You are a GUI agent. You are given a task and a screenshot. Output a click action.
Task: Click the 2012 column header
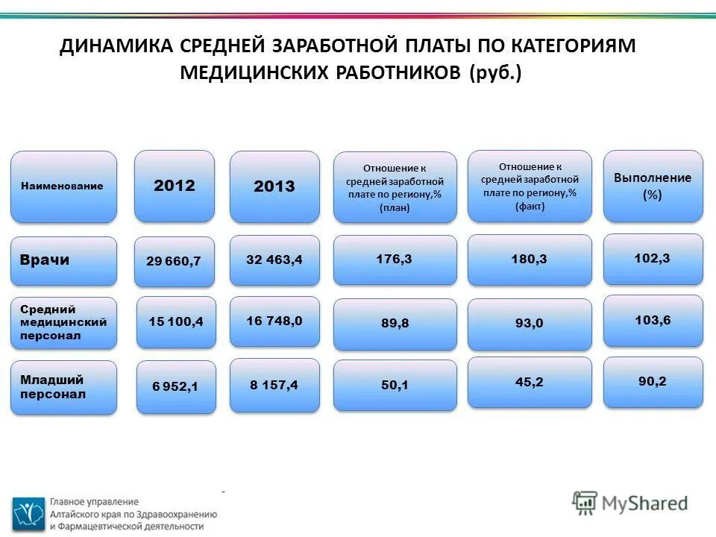tap(174, 186)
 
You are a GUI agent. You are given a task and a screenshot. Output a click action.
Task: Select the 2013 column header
tap(274, 186)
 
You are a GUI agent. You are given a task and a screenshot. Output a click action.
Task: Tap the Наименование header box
tap(63, 186)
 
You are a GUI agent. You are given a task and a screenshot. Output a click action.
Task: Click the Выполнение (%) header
tap(653, 186)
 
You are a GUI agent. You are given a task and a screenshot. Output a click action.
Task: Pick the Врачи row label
tap(63, 260)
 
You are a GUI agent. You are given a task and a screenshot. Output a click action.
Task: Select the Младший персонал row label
tap(63, 387)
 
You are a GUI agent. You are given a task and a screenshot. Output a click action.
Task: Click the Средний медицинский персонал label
tap(63, 323)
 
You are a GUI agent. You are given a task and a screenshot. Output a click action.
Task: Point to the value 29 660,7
tap(174, 261)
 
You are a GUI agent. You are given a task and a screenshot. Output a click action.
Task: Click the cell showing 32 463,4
tap(274, 260)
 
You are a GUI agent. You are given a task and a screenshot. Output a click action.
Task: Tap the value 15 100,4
tap(175, 321)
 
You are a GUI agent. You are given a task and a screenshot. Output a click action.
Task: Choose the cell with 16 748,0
tap(274, 321)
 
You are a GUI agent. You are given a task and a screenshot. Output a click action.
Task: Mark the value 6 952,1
tap(175, 386)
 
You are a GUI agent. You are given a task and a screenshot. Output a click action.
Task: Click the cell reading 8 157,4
tap(274, 385)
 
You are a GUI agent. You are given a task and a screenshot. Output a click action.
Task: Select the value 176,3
tap(395, 259)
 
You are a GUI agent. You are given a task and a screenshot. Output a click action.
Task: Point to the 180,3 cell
tap(529, 259)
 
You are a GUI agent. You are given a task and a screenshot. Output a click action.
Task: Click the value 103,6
tap(653, 320)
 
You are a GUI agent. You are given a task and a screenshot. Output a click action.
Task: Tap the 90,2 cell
tap(653, 381)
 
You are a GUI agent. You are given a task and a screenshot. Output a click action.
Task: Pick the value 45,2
tap(529, 382)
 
